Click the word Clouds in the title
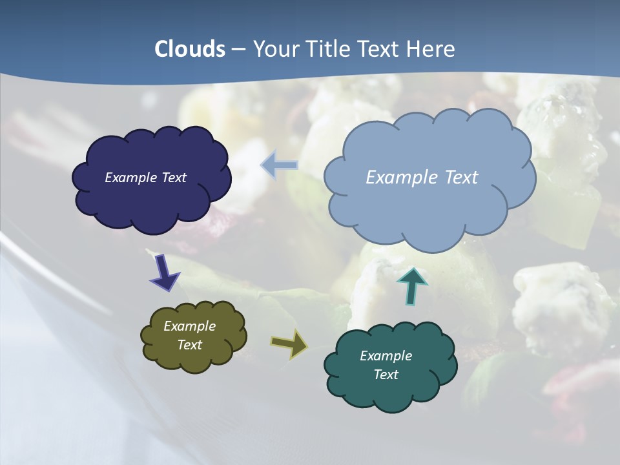(190, 49)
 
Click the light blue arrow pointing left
(279, 165)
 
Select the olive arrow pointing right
(289, 344)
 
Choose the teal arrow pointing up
(412, 285)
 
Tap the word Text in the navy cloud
(174, 178)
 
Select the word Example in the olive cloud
(189, 326)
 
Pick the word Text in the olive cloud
(189, 345)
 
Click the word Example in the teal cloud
(386, 356)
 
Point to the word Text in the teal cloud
(386, 375)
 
